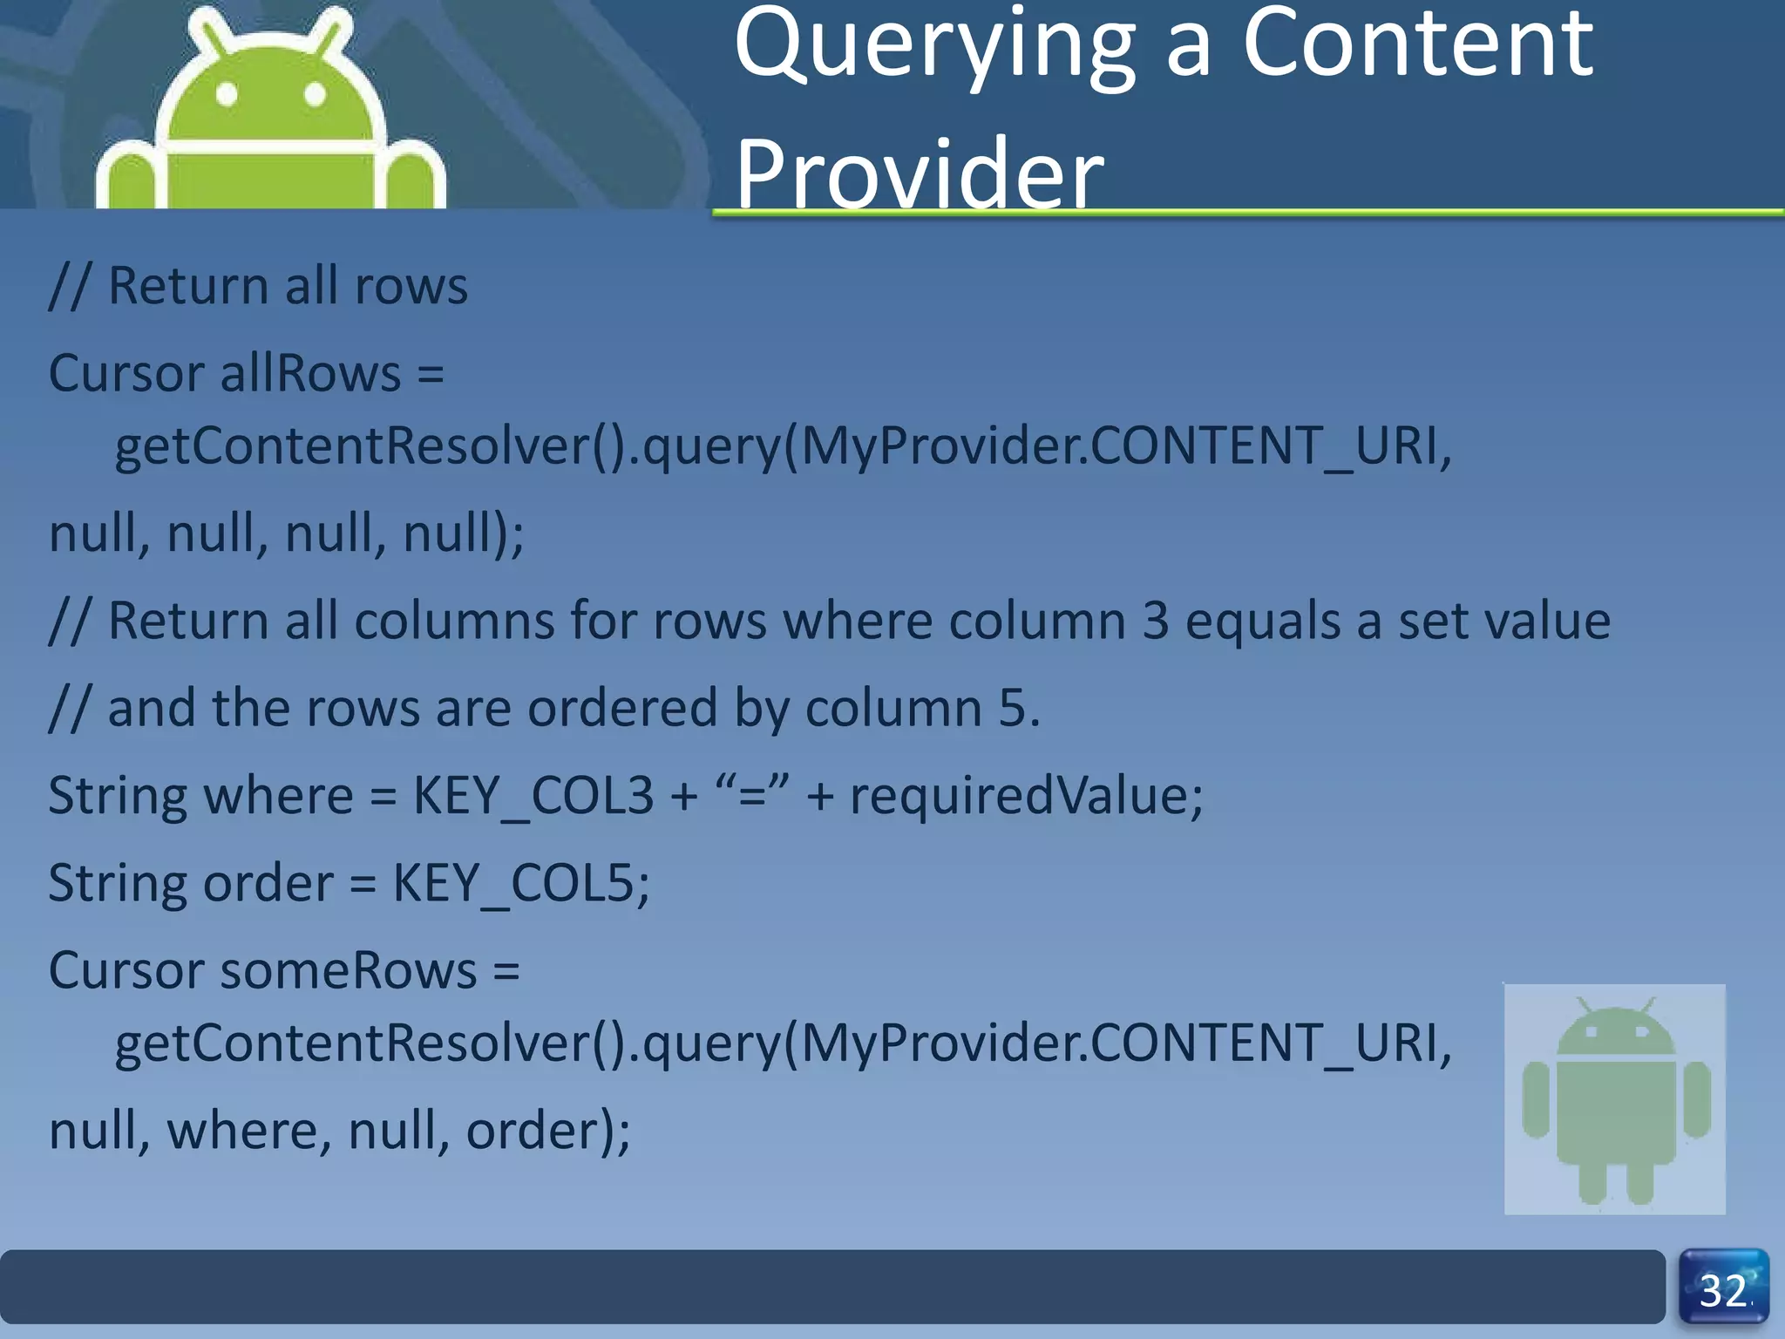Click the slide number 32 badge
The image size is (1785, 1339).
point(1723,1288)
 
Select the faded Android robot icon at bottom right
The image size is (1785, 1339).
point(1614,1098)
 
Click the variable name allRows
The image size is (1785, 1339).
point(311,373)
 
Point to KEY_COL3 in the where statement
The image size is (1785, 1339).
point(533,796)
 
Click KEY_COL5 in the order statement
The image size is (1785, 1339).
point(519,883)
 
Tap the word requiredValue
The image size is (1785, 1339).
point(1025,796)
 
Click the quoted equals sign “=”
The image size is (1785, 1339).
point(751,794)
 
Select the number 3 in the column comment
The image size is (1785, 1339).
point(1155,622)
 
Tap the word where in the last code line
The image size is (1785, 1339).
point(248,1131)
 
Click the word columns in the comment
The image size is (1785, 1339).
point(454,622)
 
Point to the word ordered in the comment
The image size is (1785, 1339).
point(622,708)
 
